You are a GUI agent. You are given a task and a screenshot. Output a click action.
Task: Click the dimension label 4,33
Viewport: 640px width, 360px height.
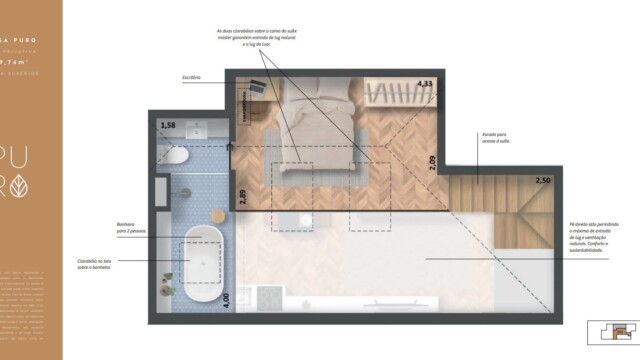tap(424, 85)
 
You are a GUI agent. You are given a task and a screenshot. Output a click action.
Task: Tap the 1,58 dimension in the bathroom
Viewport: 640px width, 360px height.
tap(168, 125)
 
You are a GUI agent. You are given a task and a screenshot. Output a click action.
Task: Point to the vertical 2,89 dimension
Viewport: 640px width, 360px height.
tap(242, 183)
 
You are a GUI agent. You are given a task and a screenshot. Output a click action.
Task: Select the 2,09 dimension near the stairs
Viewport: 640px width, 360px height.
tap(432, 163)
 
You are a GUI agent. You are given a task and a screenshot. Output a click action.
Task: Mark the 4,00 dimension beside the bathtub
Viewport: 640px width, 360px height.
tap(225, 298)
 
